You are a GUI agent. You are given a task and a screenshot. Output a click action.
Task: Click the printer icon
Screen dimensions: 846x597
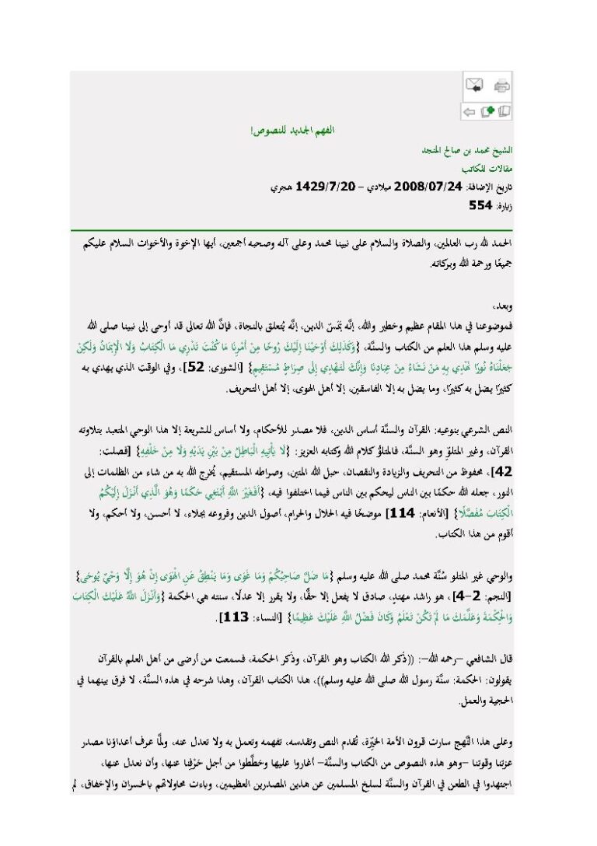(x=502, y=86)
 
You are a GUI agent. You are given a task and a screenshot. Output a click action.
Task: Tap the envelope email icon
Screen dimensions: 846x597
(x=475, y=86)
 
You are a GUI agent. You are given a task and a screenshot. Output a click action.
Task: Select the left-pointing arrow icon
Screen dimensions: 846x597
(x=470, y=112)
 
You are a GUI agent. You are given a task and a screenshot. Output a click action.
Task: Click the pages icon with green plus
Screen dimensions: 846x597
(x=487, y=112)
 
